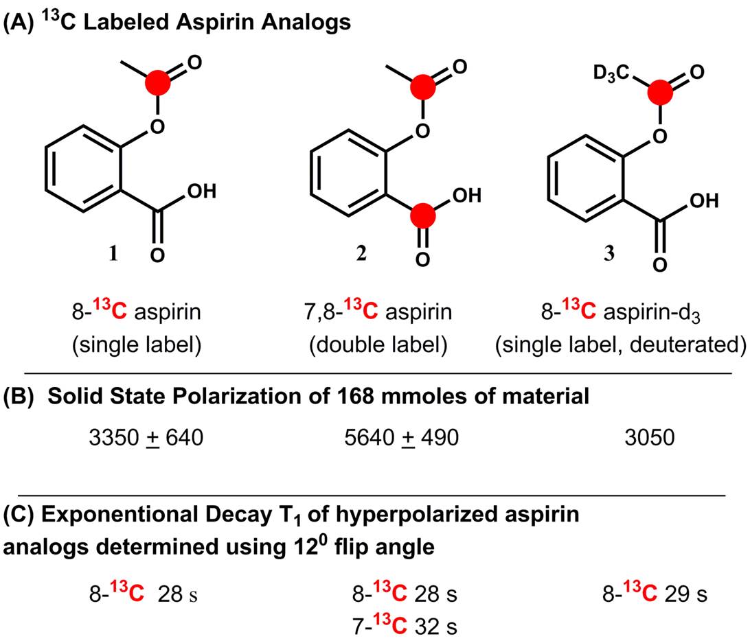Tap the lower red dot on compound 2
tap(422, 218)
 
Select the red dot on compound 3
tap(661, 91)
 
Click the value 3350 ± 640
tap(146, 437)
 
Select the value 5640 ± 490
tap(400, 437)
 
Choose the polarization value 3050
tap(641, 437)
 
